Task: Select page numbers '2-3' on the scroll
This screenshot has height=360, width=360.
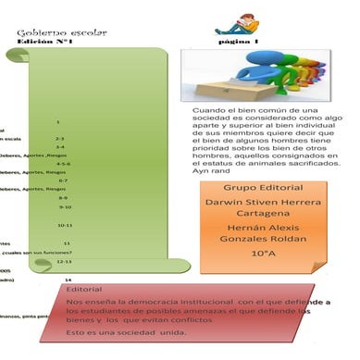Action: coord(59,138)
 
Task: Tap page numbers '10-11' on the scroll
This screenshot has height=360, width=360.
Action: coord(65,225)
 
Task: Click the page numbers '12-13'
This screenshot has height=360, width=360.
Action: coord(65,261)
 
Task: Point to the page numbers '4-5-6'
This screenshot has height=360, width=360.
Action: coord(64,164)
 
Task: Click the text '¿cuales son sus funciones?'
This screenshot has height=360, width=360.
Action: coord(38,252)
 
